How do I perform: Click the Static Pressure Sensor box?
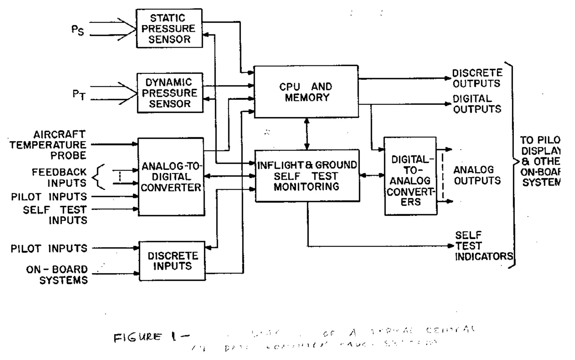click(169, 28)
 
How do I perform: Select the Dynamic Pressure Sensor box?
click(170, 93)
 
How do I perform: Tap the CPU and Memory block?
click(306, 92)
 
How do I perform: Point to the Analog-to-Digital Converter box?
click(171, 177)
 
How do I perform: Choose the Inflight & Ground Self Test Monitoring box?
click(307, 176)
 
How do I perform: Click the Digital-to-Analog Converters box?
click(410, 176)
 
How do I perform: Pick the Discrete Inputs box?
click(172, 261)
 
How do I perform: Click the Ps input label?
click(78, 30)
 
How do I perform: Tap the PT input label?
click(79, 95)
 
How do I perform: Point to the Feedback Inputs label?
click(59, 178)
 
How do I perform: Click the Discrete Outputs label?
click(477, 78)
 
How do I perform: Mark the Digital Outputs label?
click(477, 104)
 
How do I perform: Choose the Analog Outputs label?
click(477, 175)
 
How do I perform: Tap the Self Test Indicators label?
click(483, 246)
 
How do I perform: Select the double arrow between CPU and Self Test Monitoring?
click(307, 134)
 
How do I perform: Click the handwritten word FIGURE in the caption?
click(137, 337)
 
